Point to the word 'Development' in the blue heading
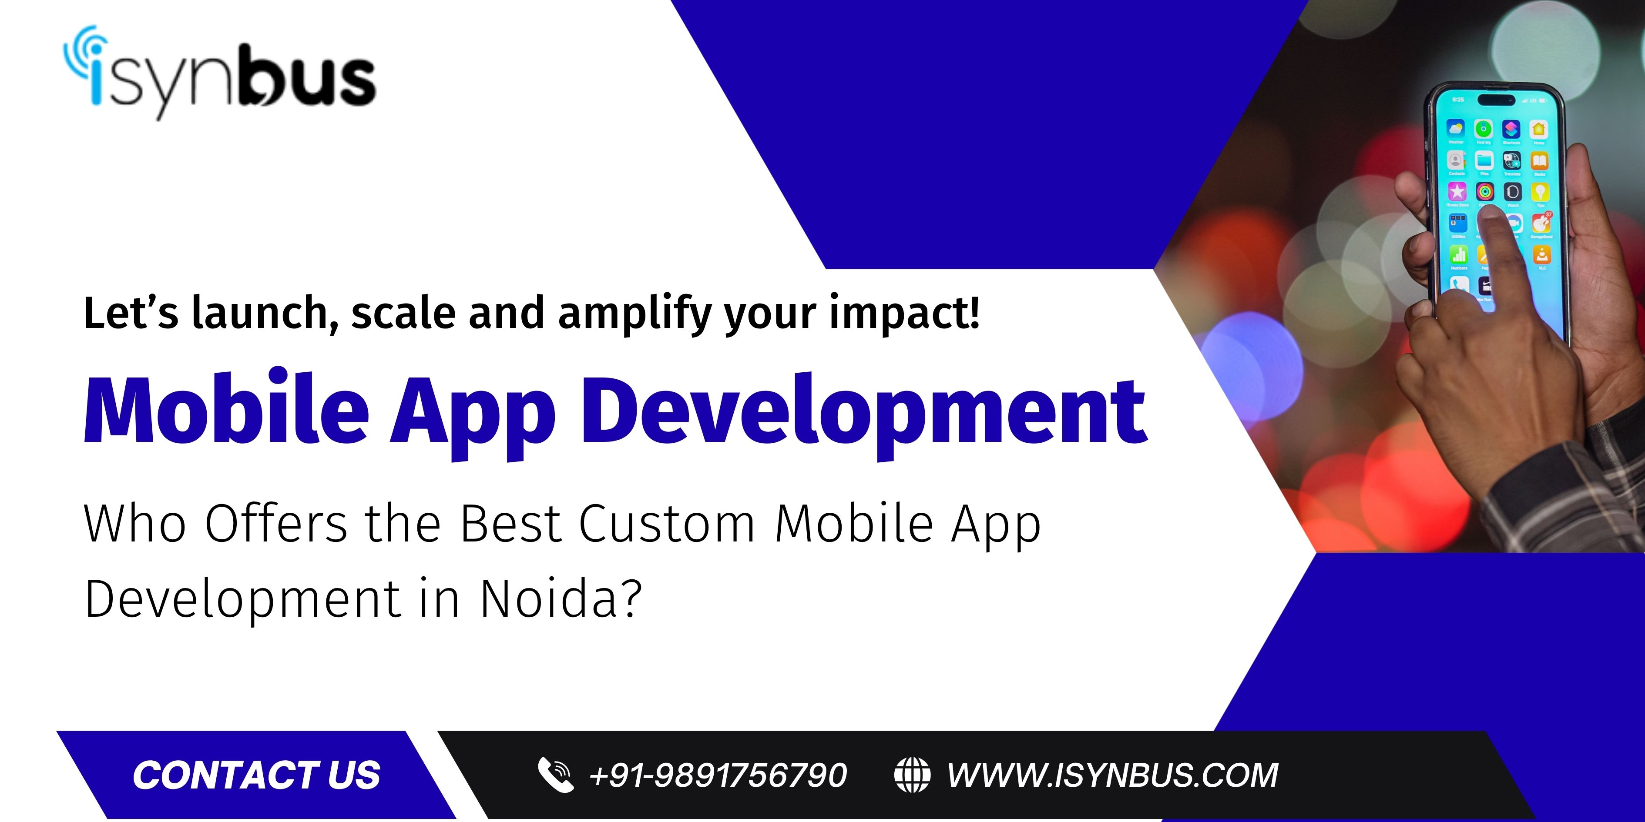coord(864,415)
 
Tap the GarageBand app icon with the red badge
coord(1541,223)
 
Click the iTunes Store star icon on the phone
coord(1457,191)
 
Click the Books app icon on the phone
coord(1540,160)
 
